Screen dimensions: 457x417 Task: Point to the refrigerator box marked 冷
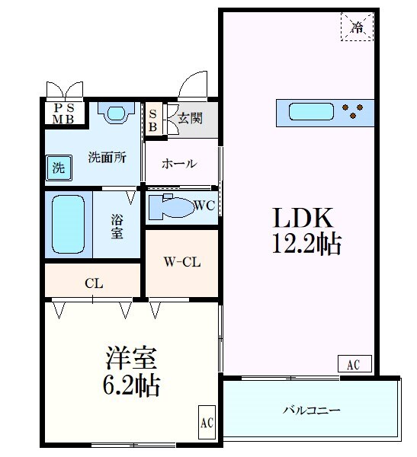(x=357, y=28)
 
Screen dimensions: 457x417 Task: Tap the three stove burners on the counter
(x=355, y=113)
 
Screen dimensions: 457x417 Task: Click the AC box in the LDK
(x=353, y=365)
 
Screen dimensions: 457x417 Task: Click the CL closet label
(x=93, y=283)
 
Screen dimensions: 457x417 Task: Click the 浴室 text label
(x=117, y=225)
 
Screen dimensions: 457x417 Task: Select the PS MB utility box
(x=63, y=113)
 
